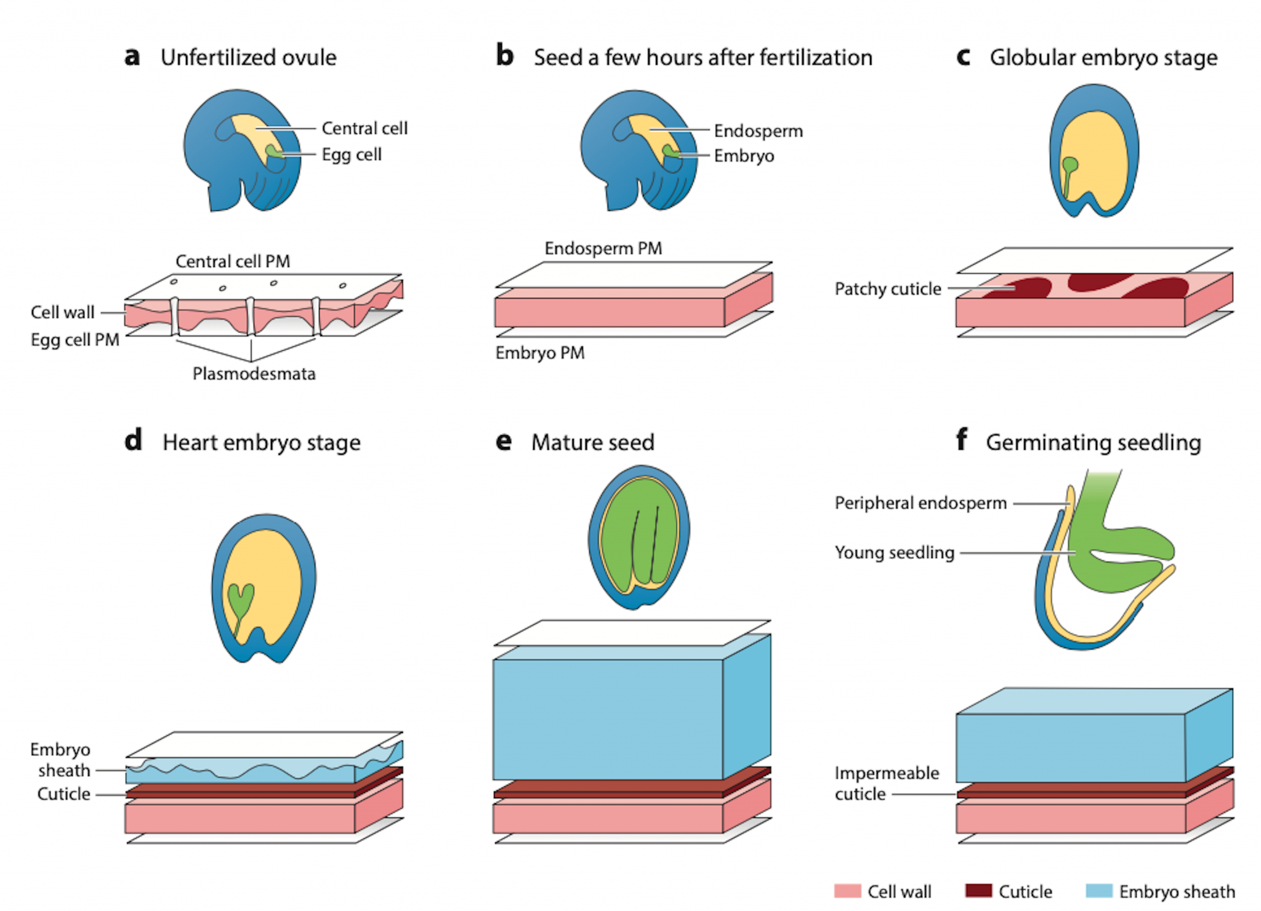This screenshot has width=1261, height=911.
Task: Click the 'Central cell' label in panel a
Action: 364,128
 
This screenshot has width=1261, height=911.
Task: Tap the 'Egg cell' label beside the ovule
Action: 351,154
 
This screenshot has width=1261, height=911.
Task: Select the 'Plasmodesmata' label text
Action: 254,374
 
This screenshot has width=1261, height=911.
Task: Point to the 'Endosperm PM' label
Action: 603,248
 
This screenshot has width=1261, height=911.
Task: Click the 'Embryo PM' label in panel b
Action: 539,353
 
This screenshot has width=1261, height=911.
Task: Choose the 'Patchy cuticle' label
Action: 887,289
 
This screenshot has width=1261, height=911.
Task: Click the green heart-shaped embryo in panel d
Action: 240,600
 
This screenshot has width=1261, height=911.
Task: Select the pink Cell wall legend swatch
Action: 847,891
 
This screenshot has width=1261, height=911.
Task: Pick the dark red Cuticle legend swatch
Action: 978,891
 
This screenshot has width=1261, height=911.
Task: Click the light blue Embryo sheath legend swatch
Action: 1099,891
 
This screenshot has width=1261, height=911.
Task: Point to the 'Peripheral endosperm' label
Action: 920,503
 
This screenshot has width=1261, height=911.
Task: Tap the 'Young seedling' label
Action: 894,552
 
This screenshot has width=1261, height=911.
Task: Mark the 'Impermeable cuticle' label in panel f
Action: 886,783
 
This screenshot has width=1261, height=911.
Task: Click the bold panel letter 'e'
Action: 504,441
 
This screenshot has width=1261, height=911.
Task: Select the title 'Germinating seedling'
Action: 1093,443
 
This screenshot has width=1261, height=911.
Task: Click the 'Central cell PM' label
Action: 233,261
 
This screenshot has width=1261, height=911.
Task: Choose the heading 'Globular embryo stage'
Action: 1103,57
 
